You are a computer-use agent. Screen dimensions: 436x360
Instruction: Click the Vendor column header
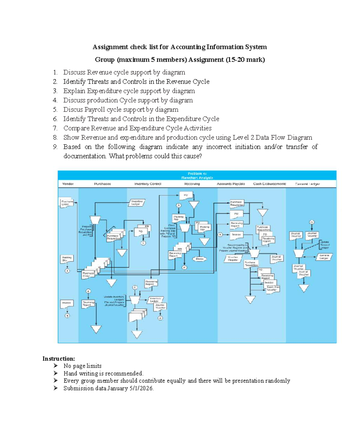[68, 184]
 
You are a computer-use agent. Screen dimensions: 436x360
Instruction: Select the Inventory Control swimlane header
[148, 184]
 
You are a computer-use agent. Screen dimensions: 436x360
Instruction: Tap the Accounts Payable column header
[231, 184]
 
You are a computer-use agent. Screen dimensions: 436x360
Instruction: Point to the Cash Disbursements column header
[269, 184]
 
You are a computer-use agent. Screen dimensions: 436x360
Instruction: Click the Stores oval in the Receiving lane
[199, 259]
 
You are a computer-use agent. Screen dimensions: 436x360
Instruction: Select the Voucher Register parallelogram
[233, 258]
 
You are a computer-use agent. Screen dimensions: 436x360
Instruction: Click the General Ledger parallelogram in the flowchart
[324, 257]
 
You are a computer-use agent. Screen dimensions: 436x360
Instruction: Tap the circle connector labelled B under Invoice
[67, 315]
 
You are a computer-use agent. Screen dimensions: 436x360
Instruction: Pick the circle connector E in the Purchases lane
[88, 291]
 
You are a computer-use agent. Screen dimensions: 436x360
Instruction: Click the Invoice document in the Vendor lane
[67, 303]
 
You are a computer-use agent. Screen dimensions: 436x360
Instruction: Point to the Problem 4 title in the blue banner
[197, 174]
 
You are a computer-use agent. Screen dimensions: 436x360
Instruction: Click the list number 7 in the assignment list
[55, 128]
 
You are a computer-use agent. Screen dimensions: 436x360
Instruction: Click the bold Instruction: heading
[58, 359]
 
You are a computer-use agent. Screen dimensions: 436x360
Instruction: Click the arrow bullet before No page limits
[56, 366]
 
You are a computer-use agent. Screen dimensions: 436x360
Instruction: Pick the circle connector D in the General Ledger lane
[312, 222]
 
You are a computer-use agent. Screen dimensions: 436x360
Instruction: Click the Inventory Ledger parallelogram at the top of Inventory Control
[137, 203]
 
